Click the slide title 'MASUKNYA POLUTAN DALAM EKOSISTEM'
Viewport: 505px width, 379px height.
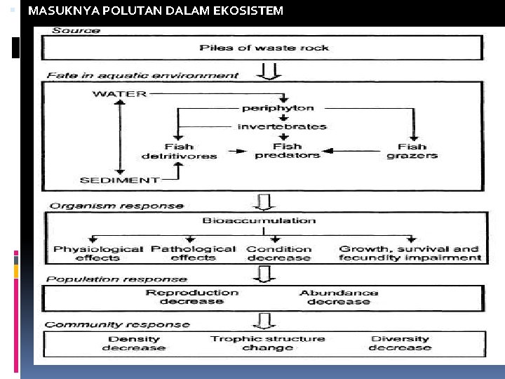pyautogui.click(x=155, y=11)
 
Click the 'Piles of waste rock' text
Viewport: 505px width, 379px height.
pyautogui.click(x=264, y=48)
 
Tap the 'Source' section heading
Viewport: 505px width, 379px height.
pyautogui.click(x=76, y=30)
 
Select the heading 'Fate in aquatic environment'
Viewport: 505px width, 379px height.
pyautogui.click(x=142, y=75)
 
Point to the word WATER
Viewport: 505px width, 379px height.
pyautogui.click(x=120, y=93)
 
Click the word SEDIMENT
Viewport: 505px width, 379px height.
pyautogui.click(x=119, y=180)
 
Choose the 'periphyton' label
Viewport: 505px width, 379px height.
pyautogui.click(x=278, y=108)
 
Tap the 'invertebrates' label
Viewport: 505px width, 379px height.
pyautogui.click(x=282, y=127)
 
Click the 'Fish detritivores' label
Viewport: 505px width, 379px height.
pyautogui.click(x=179, y=151)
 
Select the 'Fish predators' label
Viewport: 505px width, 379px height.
pyautogui.click(x=287, y=150)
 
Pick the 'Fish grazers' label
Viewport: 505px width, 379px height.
pyautogui.click(x=412, y=151)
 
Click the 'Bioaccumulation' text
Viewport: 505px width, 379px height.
pyautogui.click(x=259, y=220)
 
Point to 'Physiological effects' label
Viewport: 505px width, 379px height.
pyautogui.click(x=98, y=253)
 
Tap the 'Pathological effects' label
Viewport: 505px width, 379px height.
pyautogui.click(x=194, y=253)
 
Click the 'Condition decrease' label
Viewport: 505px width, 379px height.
pyautogui.click(x=279, y=253)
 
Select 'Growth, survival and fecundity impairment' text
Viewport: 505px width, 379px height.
pyautogui.click(x=410, y=253)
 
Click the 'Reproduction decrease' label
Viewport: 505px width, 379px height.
pyautogui.click(x=191, y=297)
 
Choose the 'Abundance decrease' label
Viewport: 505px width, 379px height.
pyautogui.click(x=339, y=297)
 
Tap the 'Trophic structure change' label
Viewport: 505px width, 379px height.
pyautogui.click(x=267, y=343)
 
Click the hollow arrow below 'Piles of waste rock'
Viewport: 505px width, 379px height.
pyautogui.click(x=269, y=71)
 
